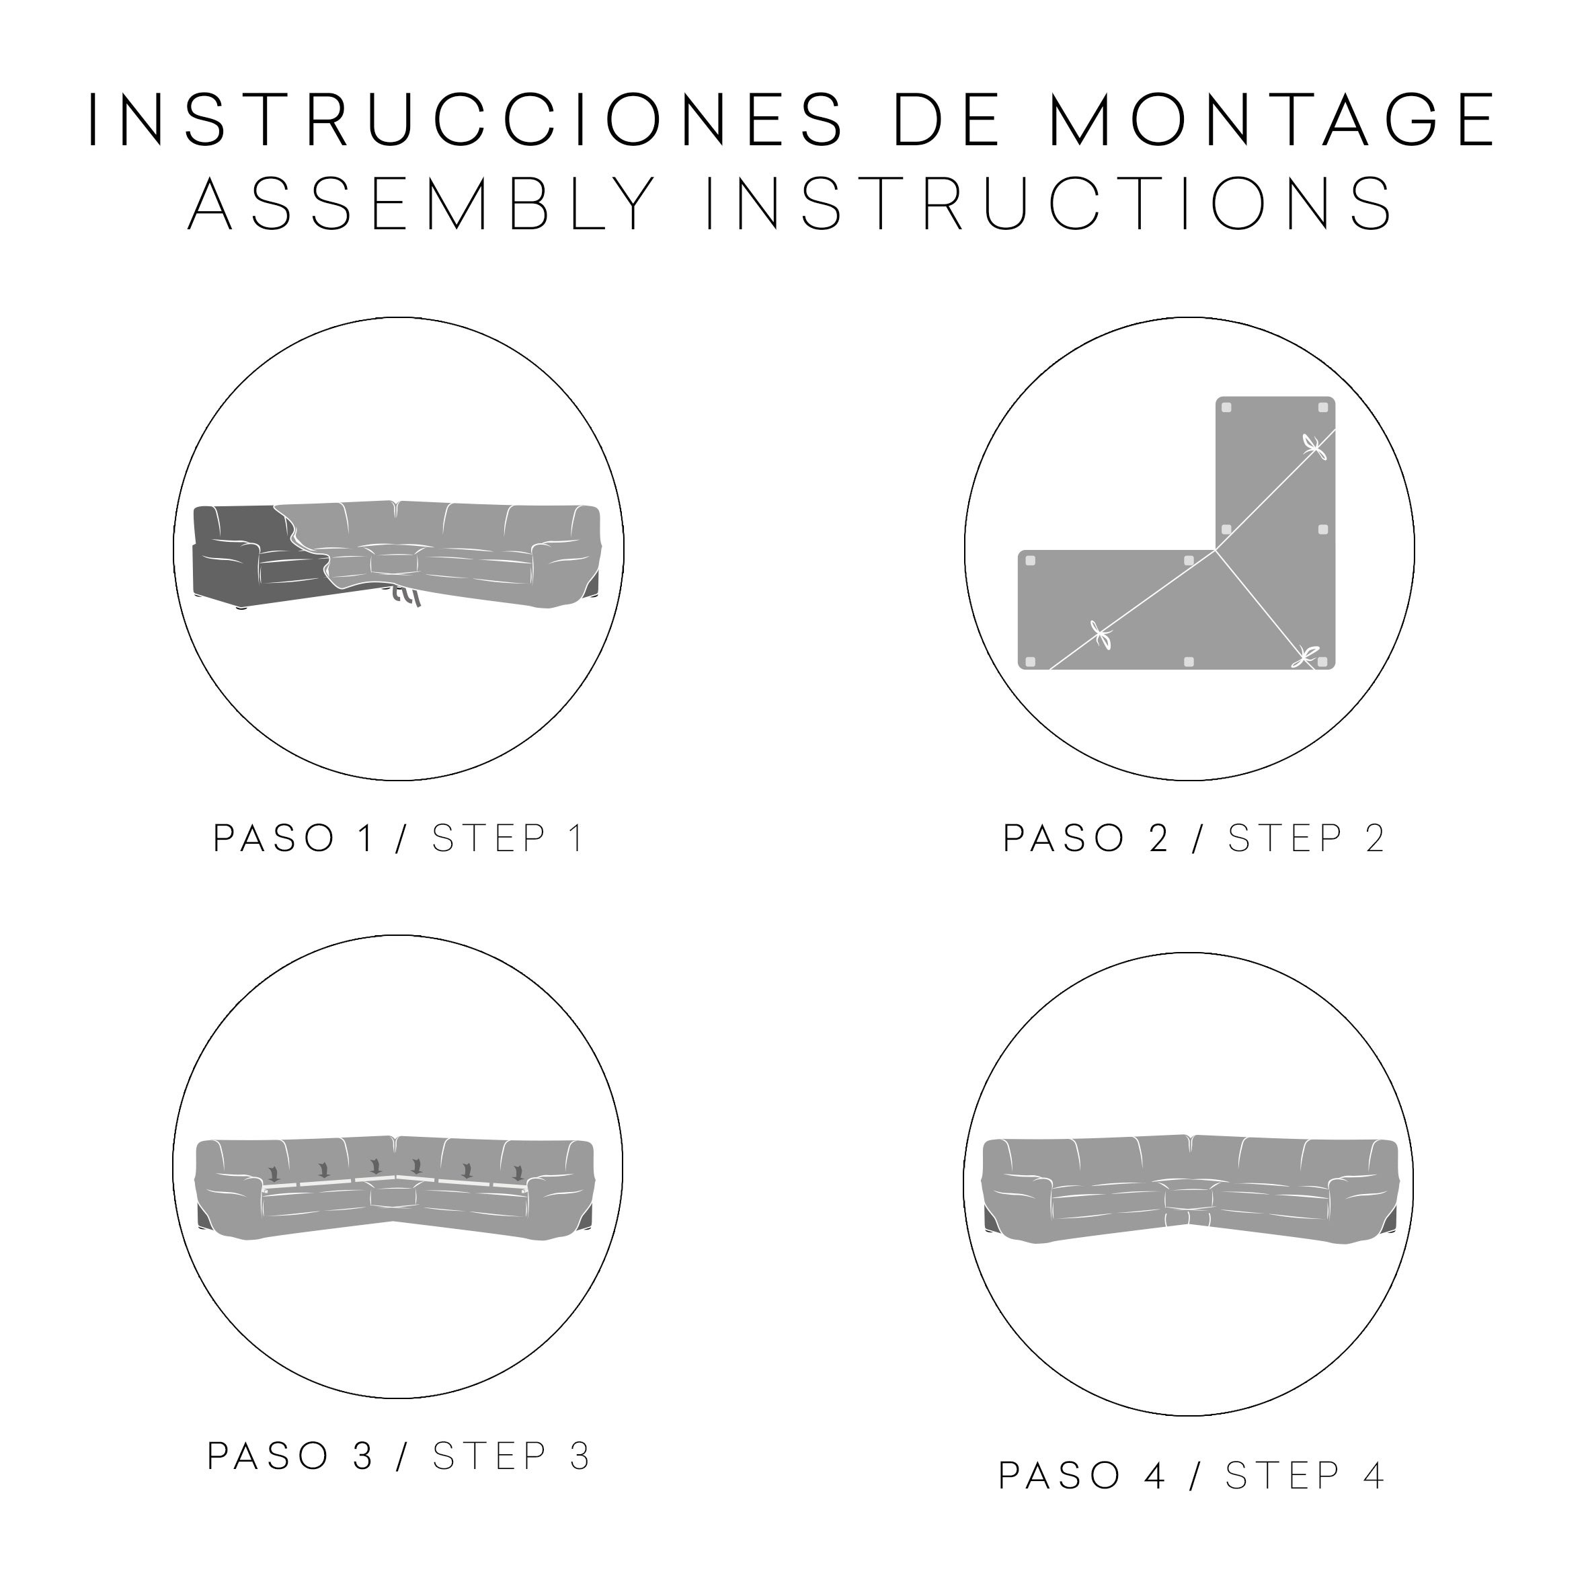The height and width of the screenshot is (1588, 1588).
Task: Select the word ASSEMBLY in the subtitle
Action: [422, 204]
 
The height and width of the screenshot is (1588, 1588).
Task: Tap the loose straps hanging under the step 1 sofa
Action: [403, 594]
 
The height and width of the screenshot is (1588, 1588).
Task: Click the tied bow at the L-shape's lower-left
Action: [1101, 635]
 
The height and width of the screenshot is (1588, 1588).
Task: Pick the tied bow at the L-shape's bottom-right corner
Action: [1304, 657]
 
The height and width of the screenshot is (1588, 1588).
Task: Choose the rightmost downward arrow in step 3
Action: [518, 1170]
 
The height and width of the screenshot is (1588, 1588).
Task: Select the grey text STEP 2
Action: [1307, 838]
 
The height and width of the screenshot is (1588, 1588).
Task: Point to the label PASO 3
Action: [291, 1456]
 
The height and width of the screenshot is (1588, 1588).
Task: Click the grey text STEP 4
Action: [1305, 1476]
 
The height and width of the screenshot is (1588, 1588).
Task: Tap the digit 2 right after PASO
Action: [1158, 838]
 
